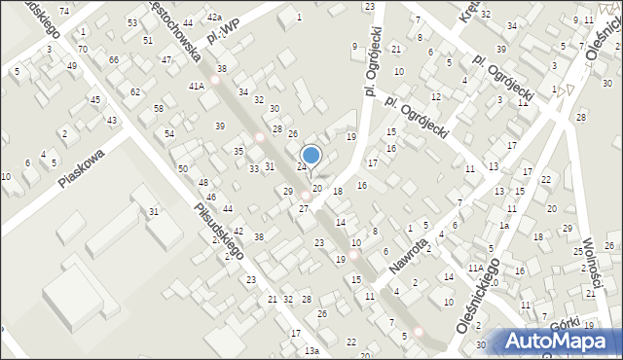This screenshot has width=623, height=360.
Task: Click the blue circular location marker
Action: (x=311, y=155)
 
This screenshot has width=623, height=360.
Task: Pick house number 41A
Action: (x=197, y=86)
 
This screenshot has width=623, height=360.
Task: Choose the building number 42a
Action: (x=213, y=18)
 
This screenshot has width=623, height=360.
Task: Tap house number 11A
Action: (x=475, y=268)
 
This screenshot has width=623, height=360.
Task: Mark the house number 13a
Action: (x=311, y=350)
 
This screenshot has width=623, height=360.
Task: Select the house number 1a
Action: (x=504, y=226)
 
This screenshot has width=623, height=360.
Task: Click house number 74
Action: (x=64, y=10)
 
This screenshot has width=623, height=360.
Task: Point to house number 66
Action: (x=114, y=60)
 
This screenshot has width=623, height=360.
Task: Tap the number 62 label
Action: (x=135, y=91)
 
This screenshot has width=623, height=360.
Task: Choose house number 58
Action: (x=158, y=108)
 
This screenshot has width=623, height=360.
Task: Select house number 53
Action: (x=131, y=22)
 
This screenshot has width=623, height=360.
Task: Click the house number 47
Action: (x=166, y=60)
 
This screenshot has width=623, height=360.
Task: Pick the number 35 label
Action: (x=238, y=151)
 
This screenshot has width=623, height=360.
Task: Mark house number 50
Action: (x=182, y=169)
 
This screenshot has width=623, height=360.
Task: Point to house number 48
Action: (x=202, y=183)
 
